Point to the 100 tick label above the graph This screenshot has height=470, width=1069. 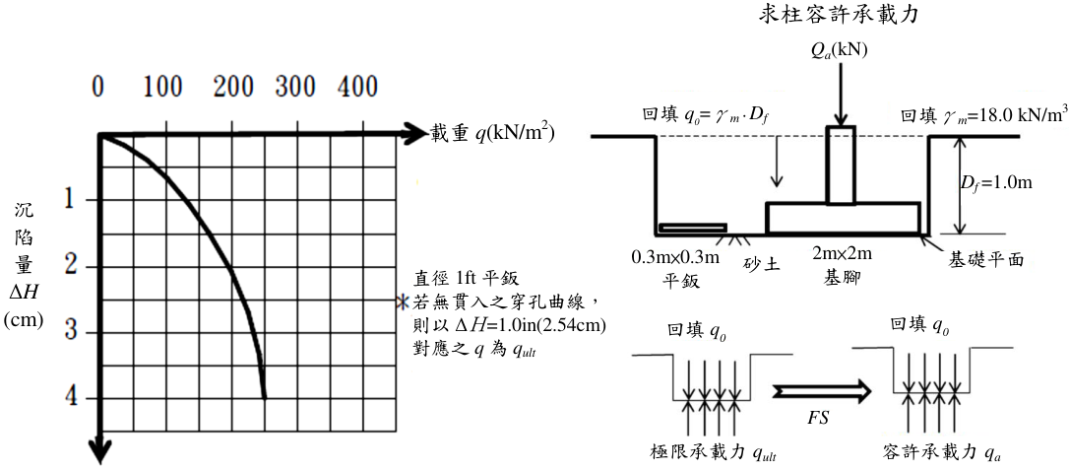tap(162, 88)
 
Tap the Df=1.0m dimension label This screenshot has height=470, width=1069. tap(995, 184)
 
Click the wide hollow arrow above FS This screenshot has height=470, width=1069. tap(822, 392)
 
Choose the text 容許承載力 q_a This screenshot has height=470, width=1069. tap(941, 452)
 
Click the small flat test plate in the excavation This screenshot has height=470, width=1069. tap(693, 228)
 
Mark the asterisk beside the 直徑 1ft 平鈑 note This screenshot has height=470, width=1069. tap(405, 301)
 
